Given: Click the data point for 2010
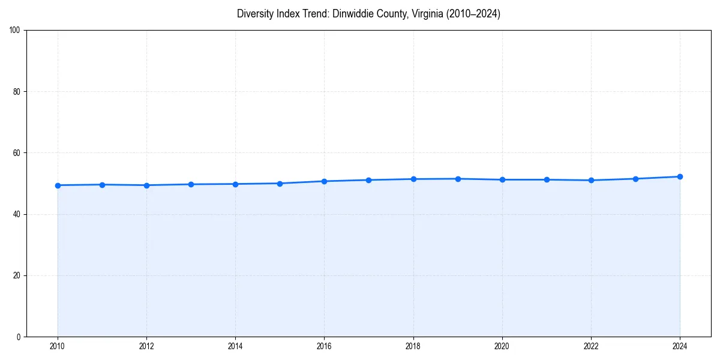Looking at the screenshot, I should coord(58,185).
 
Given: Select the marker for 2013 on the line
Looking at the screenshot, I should coord(191,184).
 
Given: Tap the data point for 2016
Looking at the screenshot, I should coord(324,181).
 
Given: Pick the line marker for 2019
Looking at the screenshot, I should coord(458,179).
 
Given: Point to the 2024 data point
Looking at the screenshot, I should coord(680,176).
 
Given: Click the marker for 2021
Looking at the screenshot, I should coord(547,180).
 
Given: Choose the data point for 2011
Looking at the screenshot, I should coord(102,185).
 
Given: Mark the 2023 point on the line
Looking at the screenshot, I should coord(635,179).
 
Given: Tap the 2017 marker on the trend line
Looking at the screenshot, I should coord(368,180).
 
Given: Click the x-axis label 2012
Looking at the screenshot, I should coord(146,346).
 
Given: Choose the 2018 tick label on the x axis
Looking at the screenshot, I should coord(413,346).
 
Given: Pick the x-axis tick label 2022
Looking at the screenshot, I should coord(591,346).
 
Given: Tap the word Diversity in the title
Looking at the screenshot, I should coord(254,14).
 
